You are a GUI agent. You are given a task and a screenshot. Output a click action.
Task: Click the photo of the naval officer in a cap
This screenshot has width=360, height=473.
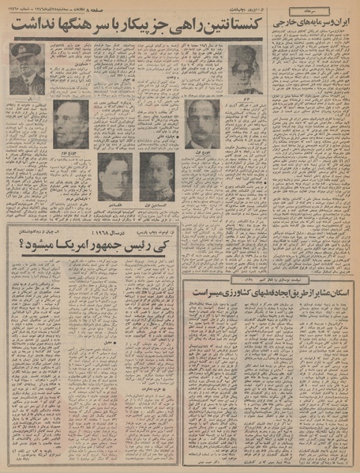25,67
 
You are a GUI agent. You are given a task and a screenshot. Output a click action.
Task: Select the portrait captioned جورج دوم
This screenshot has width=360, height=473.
71,124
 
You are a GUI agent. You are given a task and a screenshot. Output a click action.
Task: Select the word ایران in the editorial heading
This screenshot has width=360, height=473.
345,26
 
